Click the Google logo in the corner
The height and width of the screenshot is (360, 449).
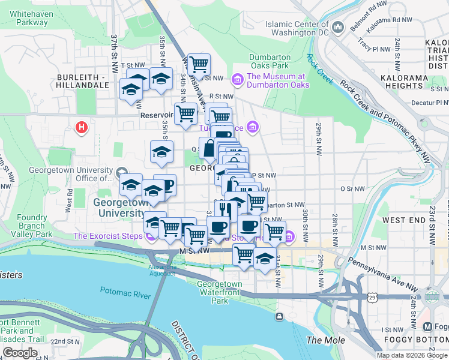pos(20,353)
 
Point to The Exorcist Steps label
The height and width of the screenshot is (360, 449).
pos(107,236)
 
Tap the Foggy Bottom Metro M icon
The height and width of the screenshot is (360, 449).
pos(427,327)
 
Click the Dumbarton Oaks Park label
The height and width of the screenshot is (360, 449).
pos(270,61)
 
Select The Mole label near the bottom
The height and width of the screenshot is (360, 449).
pos(325,340)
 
